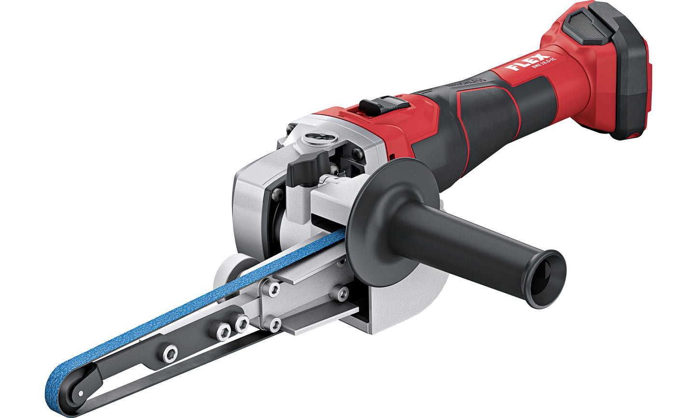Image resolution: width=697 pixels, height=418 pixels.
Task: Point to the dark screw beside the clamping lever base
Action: point(277,194)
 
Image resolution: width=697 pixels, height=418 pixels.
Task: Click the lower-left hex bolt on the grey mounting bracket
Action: point(274,324)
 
